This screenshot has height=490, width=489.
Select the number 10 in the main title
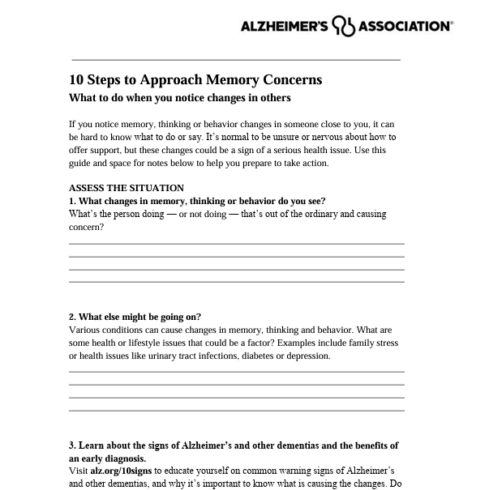coord(76,79)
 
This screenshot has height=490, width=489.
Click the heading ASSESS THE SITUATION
coord(127,188)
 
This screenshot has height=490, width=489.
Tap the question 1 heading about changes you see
coord(197,201)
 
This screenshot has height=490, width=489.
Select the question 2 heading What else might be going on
coord(135,317)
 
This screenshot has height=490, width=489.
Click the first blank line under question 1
coord(237,243)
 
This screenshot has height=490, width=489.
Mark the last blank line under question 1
coord(237,282)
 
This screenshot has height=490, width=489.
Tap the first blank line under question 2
coord(237,372)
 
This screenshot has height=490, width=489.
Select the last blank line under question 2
coord(237,411)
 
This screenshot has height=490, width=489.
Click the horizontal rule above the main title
coord(237,59)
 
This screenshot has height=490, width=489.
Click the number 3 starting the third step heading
coord(72,445)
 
